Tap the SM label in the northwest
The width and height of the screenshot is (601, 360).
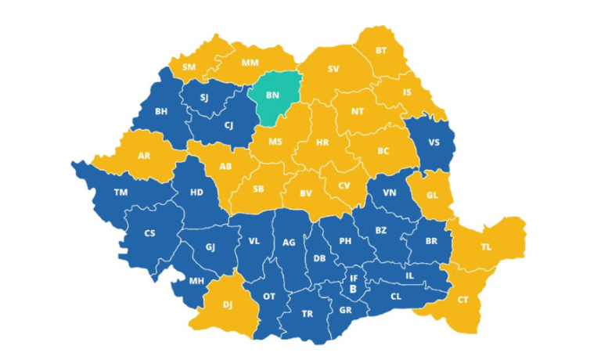(189, 67)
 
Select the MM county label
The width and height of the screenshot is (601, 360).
(250, 62)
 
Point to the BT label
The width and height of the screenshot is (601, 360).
(381, 51)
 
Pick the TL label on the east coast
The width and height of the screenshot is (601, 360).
(486, 247)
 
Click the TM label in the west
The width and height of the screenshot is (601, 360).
(121, 193)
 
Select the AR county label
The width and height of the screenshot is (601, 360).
(144, 156)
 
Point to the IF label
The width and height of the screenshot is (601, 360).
(353, 278)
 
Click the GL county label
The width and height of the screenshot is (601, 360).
(434, 196)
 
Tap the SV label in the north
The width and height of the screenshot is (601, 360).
(333, 69)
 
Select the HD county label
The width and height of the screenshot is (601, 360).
(196, 192)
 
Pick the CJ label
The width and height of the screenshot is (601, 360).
(229, 125)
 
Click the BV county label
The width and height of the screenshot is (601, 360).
(306, 192)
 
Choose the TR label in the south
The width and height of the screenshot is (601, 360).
(308, 314)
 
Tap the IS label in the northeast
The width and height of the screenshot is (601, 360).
(406, 92)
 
